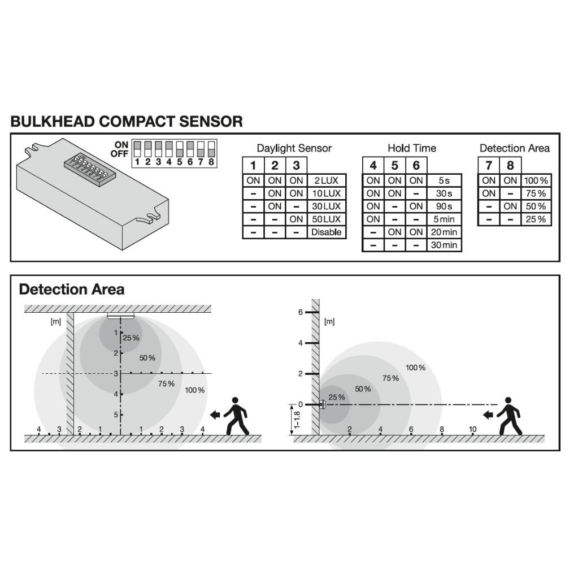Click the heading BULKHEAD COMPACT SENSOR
click(x=127, y=121)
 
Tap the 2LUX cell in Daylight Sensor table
click(x=326, y=180)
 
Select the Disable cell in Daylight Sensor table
click(x=326, y=232)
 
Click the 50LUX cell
click(x=326, y=219)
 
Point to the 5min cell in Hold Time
click(x=444, y=219)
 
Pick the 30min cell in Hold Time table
click(x=444, y=245)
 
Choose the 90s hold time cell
click(x=444, y=206)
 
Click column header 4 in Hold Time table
click(x=373, y=165)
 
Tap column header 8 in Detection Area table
click(x=510, y=165)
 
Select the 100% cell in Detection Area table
click(x=536, y=180)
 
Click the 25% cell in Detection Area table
click(x=536, y=219)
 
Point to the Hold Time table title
click(x=412, y=148)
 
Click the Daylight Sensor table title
click(x=294, y=148)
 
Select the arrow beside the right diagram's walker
click(x=488, y=415)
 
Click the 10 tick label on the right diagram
click(x=473, y=429)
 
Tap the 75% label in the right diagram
click(x=390, y=378)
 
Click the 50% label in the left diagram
click(x=147, y=358)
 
